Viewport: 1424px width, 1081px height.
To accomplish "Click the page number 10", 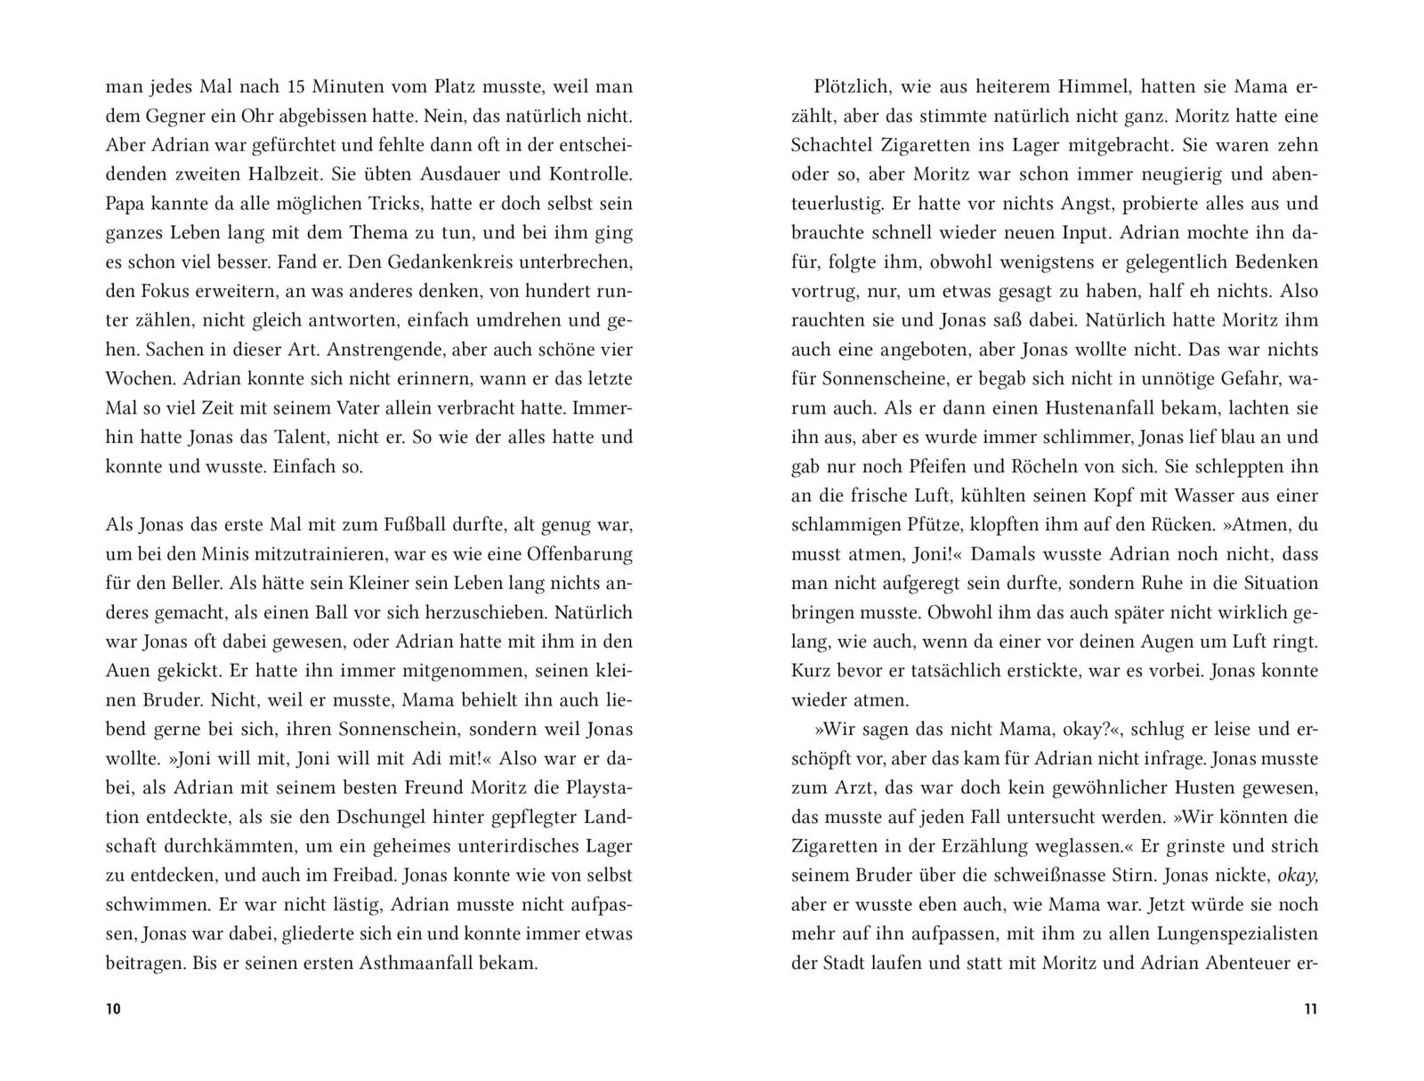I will [113, 1009].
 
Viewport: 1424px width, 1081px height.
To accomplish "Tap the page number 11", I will [1310, 1009].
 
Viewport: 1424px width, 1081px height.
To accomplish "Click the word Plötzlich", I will [850, 87].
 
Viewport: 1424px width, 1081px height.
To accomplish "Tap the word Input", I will [1080, 233].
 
